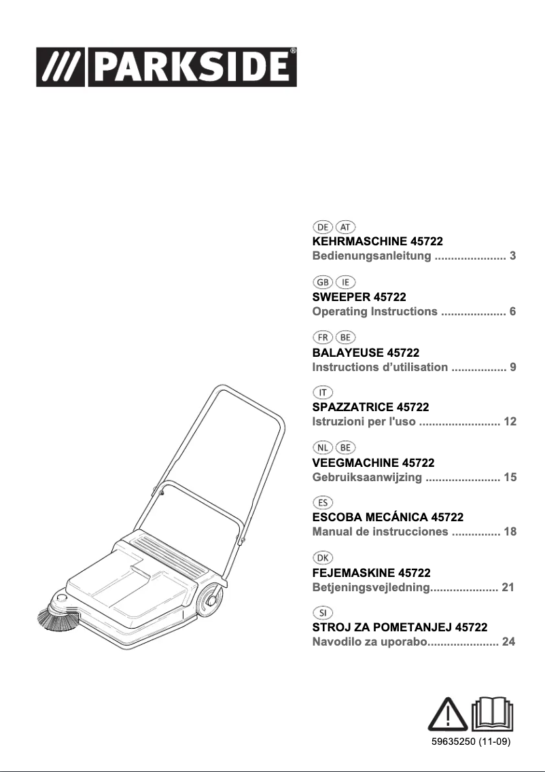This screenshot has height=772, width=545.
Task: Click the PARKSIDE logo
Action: pyautogui.click(x=166, y=67)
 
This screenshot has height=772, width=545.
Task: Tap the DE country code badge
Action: pyautogui.click(x=323, y=227)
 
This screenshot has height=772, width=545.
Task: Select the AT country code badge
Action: pyautogui.click(x=345, y=227)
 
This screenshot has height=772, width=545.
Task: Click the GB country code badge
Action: pyautogui.click(x=323, y=282)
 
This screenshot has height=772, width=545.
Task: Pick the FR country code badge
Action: pyautogui.click(x=323, y=337)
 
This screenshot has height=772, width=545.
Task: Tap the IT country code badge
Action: pyautogui.click(x=323, y=392)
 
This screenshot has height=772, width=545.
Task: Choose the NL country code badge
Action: pyautogui.click(x=323, y=448)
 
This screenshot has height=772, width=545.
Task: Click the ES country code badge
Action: pyautogui.click(x=323, y=503)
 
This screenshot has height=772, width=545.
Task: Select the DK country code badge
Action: pyautogui.click(x=323, y=558)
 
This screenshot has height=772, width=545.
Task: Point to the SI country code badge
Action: pyautogui.click(x=323, y=613)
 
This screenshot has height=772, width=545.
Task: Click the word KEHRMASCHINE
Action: pyautogui.click(x=360, y=241)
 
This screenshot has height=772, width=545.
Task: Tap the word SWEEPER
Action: pyautogui.click(x=341, y=297)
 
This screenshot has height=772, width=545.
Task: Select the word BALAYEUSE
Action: pyautogui.click(x=348, y=353)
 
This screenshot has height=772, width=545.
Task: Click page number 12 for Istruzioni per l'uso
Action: pyautogui.click(x=510, y=421)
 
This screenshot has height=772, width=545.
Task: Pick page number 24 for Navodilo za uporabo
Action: pyautogui.click(x=508, y=642)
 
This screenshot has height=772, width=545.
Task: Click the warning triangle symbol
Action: pyautogui.click(x=448, y=714)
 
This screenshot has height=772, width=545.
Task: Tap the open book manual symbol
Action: pyautogui.click(x=492, y=714)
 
